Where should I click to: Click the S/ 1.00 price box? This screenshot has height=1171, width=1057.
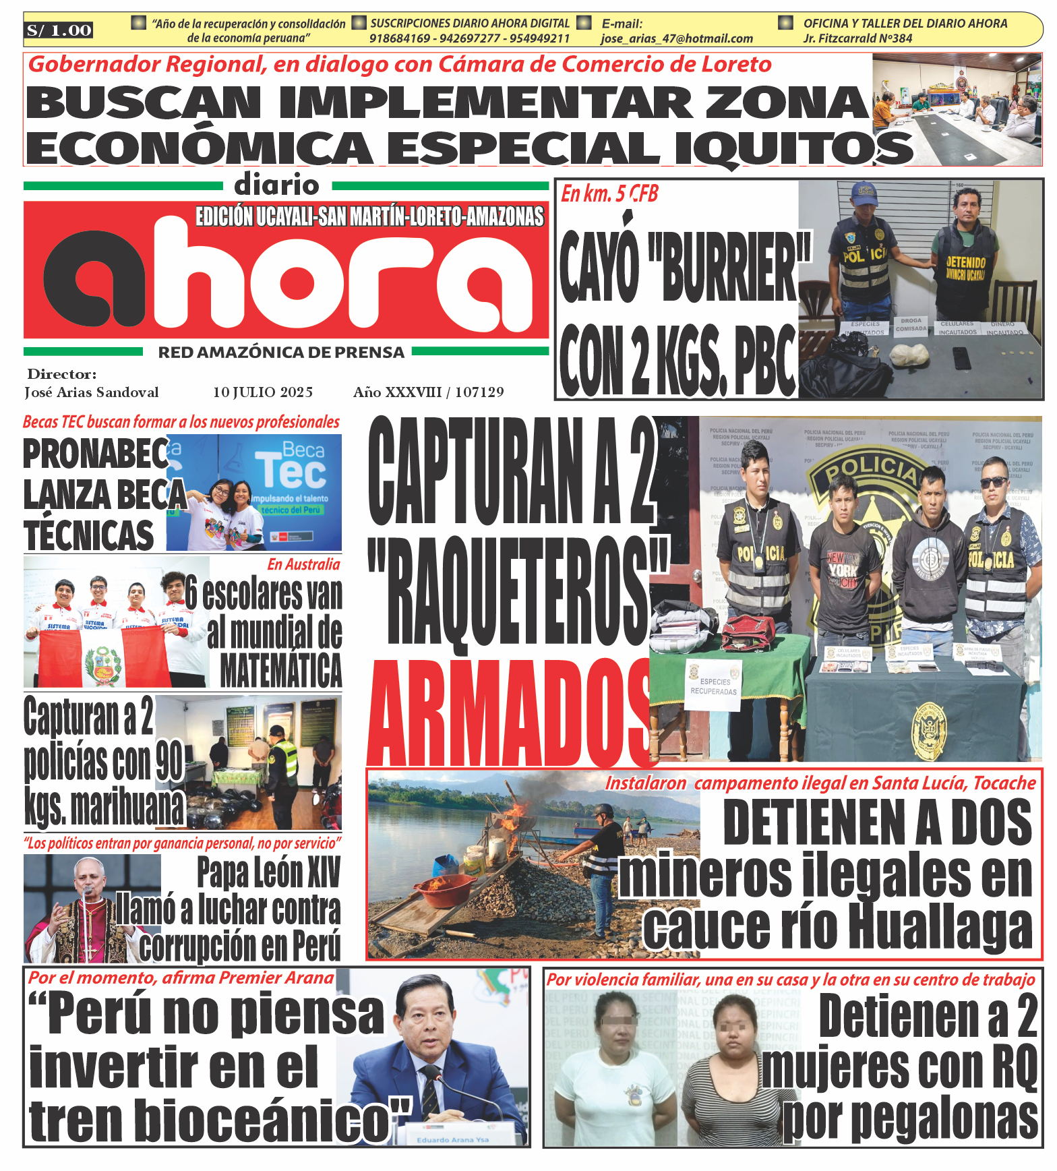pos(59,30)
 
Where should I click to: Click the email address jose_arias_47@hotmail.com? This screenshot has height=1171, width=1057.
pos(676,39)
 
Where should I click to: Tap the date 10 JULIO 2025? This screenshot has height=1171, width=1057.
pos(263,392)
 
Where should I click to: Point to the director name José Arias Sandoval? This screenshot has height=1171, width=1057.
pos(92,392)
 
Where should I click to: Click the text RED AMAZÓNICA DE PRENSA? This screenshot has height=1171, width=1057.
pos(281,353)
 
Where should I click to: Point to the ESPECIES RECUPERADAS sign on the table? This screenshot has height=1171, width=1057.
pos(714,686)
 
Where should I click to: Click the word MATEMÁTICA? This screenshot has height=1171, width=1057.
pos(281,670)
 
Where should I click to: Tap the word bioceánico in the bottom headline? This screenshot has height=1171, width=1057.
pos(263,1120)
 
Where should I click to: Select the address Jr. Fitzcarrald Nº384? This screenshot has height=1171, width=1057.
pos(857,39)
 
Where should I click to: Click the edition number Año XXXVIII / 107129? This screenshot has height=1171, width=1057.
pos(428,392)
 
